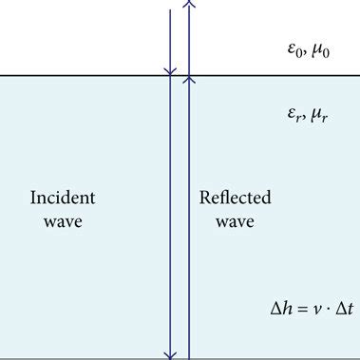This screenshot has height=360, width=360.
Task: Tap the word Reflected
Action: point(235,199)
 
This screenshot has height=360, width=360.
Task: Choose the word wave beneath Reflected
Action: point(235,222)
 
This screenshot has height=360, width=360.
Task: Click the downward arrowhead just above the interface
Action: point(170,69)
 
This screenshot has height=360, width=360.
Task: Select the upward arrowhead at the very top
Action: point(189,5)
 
